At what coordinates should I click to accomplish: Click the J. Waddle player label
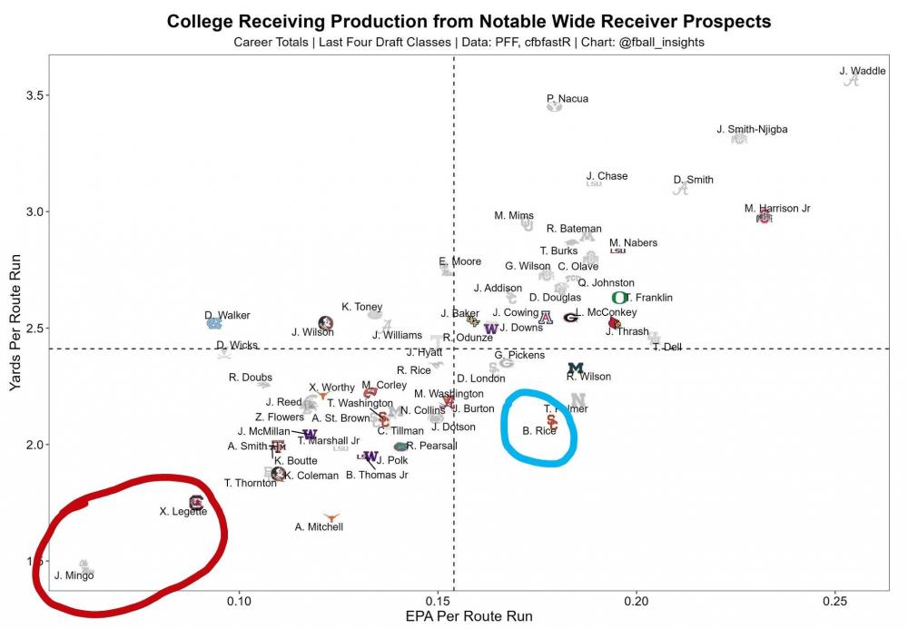[863, 71]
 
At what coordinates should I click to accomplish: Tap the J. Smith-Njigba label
[752, 129]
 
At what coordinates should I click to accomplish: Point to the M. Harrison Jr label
[777, 208]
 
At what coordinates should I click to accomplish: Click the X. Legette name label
[183, 512]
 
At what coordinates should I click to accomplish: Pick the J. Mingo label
[74, 575]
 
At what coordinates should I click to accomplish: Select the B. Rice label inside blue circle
[539, 430]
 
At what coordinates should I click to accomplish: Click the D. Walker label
[227, 315]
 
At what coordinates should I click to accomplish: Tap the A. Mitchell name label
[320, 526]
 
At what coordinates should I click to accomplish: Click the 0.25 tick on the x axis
[835, 600]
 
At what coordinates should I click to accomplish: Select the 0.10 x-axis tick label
[239, 600]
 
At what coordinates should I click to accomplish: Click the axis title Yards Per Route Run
[15, 327]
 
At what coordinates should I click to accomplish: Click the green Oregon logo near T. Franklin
[620, 298]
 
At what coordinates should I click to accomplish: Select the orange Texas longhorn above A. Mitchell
[331, 516]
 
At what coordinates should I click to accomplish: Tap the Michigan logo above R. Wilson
[576, 369]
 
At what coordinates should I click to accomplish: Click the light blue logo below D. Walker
[214, 323]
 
